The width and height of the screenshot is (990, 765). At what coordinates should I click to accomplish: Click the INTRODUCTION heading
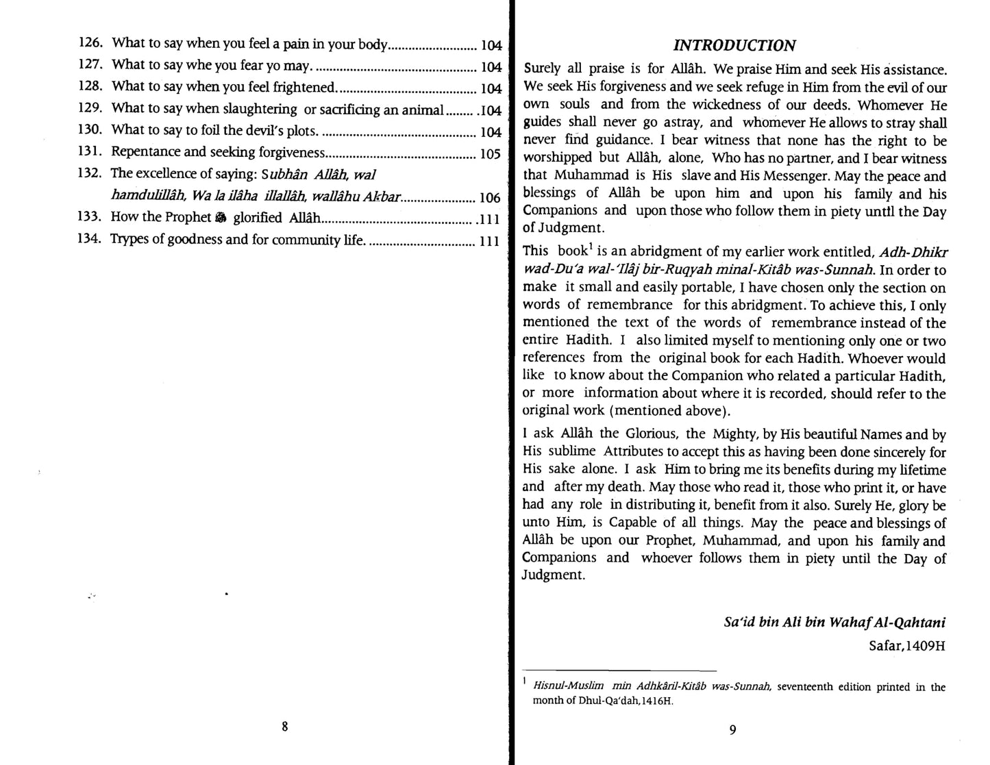click(734, 46)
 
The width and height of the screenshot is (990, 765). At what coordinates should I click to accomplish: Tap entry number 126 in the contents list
click(91, 43)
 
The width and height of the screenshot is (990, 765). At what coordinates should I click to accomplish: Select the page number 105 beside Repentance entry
click(491, 154)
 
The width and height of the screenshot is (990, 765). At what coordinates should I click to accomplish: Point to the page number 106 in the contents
click(491, 198)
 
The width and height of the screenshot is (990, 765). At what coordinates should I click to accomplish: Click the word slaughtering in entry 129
click(260, 109)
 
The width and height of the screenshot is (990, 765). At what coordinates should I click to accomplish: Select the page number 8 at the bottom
click(284, 727)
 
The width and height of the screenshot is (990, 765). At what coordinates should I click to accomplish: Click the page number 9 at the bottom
click(732, 730)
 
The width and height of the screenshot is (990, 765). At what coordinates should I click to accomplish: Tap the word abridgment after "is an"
click(646, 252)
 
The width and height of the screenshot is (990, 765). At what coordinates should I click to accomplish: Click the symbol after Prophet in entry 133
click(220, 218)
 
